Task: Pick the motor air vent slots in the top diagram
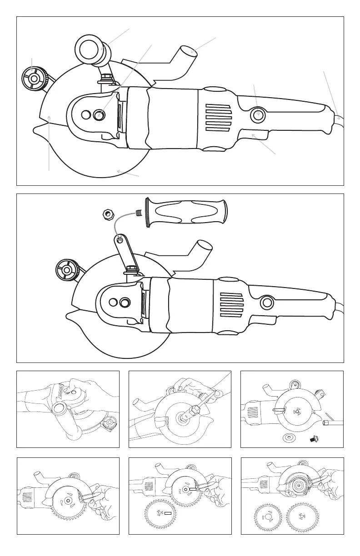(x=218, y=118)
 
